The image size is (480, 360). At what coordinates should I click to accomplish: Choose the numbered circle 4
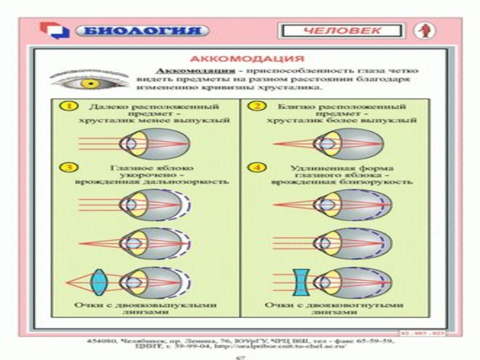pyautogui.click(x=256, y=166)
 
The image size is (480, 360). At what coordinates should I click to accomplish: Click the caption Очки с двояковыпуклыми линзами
pyautogui.click(x=145, y=308)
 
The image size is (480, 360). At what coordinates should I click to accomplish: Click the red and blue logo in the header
pyautogui.click(x=55, y=30)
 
